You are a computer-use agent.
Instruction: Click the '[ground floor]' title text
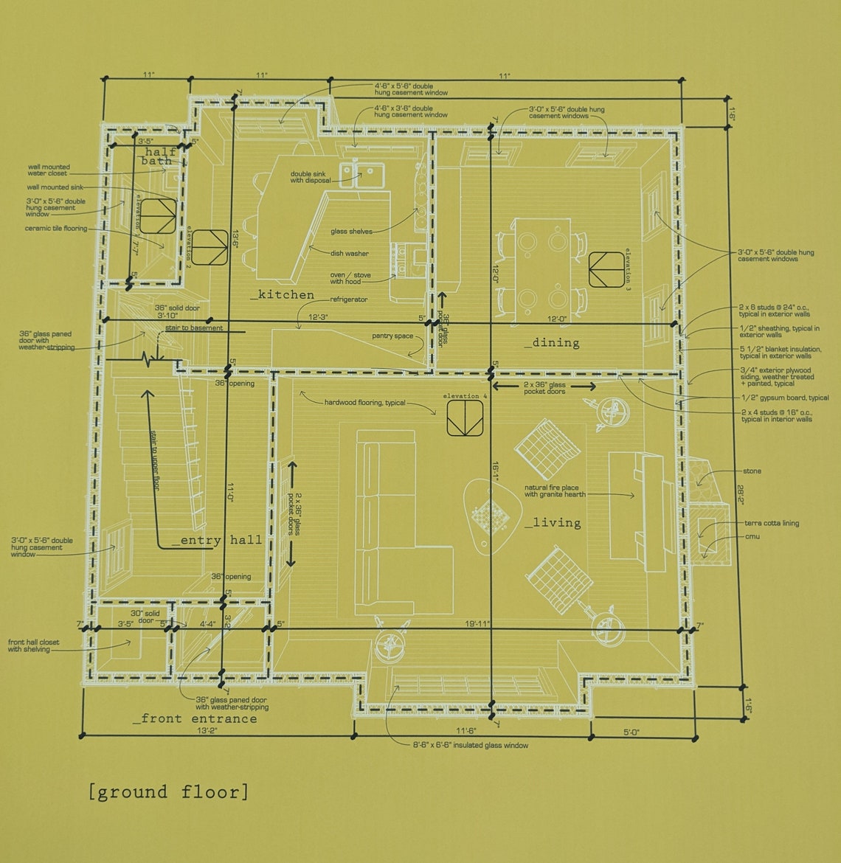pos(168,792)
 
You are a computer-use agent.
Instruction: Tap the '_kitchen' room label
pos(282,295)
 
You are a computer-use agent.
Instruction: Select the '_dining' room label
pos(552,342)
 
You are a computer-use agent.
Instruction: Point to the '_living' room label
pos(553,523)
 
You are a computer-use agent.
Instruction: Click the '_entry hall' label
pos(217,540)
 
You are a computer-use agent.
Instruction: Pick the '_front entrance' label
pos(195,718)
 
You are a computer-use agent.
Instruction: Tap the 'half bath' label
pos(157,156)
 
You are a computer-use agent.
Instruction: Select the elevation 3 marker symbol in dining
pos(606,269)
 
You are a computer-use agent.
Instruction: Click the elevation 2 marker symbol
pos(211,247)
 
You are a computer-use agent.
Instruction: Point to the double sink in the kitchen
pos(361,175)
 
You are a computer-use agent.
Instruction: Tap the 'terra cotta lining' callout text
pos(771,523)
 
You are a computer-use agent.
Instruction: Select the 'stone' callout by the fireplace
pos(752,471)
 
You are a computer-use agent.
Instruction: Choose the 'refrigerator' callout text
pos(348,299)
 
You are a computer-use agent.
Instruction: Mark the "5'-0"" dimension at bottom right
pos(631,732)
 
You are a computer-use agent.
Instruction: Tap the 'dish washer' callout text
pos(350,253)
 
